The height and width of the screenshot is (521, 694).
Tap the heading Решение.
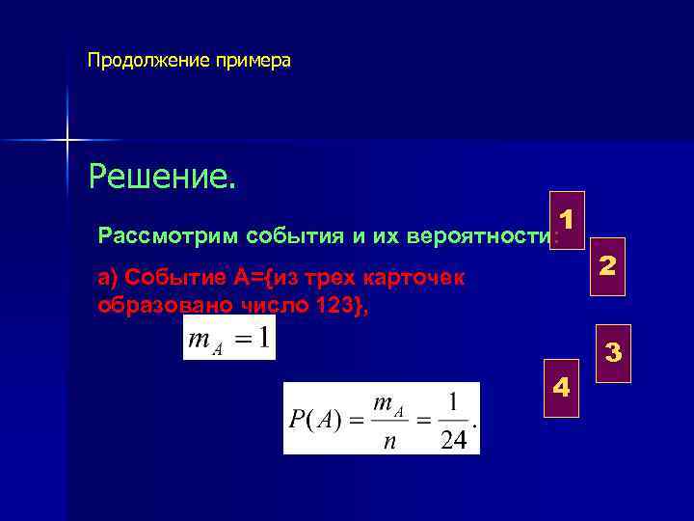[x=161, y=177]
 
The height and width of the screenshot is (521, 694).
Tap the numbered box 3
[x=613, y=353]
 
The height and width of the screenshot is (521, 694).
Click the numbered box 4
[x=562, y=389]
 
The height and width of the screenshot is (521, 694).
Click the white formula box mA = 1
[x=229, y=338]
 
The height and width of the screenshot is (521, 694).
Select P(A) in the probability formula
[x=314, y=422]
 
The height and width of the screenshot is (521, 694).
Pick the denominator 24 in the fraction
[x=451, y=440]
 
